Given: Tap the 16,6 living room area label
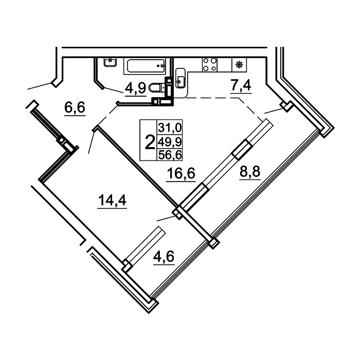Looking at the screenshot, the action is pos(181,173).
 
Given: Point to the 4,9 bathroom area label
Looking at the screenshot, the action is pos(135,87).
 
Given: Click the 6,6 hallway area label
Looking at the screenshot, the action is pos(75,107).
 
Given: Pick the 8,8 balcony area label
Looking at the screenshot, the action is pos(250,171).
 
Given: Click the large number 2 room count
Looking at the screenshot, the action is pos(150,142).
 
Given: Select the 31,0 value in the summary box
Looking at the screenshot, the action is pos(170,128).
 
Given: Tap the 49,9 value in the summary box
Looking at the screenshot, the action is pos(170,142).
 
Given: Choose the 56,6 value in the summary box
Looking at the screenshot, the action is pos(170,155).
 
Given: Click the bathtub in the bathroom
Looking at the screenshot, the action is pos(145,66).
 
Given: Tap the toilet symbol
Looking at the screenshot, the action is pos(157,87).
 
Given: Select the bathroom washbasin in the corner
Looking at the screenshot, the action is pos(110,62).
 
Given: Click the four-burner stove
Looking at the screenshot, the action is pos(210,64).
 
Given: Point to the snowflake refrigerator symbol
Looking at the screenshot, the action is pos(239,64).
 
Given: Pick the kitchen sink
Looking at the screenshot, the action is pos(180,78).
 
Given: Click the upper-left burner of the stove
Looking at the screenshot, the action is pos(206,61).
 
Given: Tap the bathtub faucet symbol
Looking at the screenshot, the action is pos(161,66).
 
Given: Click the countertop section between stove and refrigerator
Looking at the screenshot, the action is pos(225,64).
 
